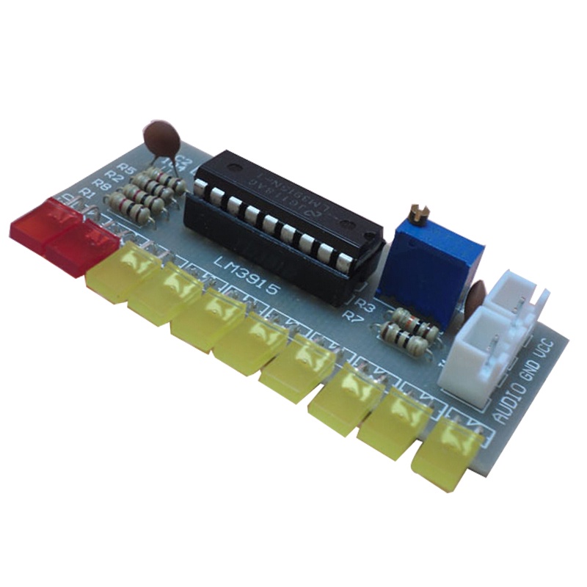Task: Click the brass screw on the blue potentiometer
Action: tap(420, 214)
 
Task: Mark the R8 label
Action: tap(102, 186)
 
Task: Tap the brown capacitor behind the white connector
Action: tap(476, 294)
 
